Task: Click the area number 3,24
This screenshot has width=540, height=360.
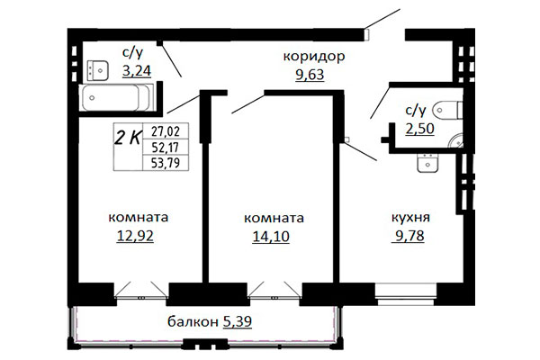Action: click(137, 71)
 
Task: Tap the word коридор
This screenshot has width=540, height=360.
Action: click(314, 57)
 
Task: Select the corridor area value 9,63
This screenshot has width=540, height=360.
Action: click(310, 75)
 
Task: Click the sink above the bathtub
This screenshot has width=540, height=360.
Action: click(97, 70)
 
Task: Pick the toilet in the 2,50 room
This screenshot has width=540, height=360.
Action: click(447, 110)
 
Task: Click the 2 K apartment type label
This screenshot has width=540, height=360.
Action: click(128, 138)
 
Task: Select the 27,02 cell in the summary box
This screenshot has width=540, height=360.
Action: click(166, 131)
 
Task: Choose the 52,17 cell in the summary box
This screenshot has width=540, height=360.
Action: click(166, 148)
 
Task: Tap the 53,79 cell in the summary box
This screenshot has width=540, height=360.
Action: click(166, 163)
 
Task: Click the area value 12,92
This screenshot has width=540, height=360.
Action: click(135, 236)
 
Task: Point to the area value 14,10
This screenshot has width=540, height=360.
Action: click(271, 237)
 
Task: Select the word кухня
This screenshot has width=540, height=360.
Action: click(410, 218)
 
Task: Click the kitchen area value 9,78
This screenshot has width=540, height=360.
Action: click(409, 236)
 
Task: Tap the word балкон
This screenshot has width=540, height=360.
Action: click(193, 322)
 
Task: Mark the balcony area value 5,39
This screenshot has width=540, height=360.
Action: click(238, 322)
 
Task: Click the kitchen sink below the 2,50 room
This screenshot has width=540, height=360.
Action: click(427, 163)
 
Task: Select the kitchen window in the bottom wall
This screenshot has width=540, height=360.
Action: click(405, 294)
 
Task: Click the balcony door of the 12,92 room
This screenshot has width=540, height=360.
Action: click(140, 290)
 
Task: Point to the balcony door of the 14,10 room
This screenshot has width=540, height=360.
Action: click(274, 290)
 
